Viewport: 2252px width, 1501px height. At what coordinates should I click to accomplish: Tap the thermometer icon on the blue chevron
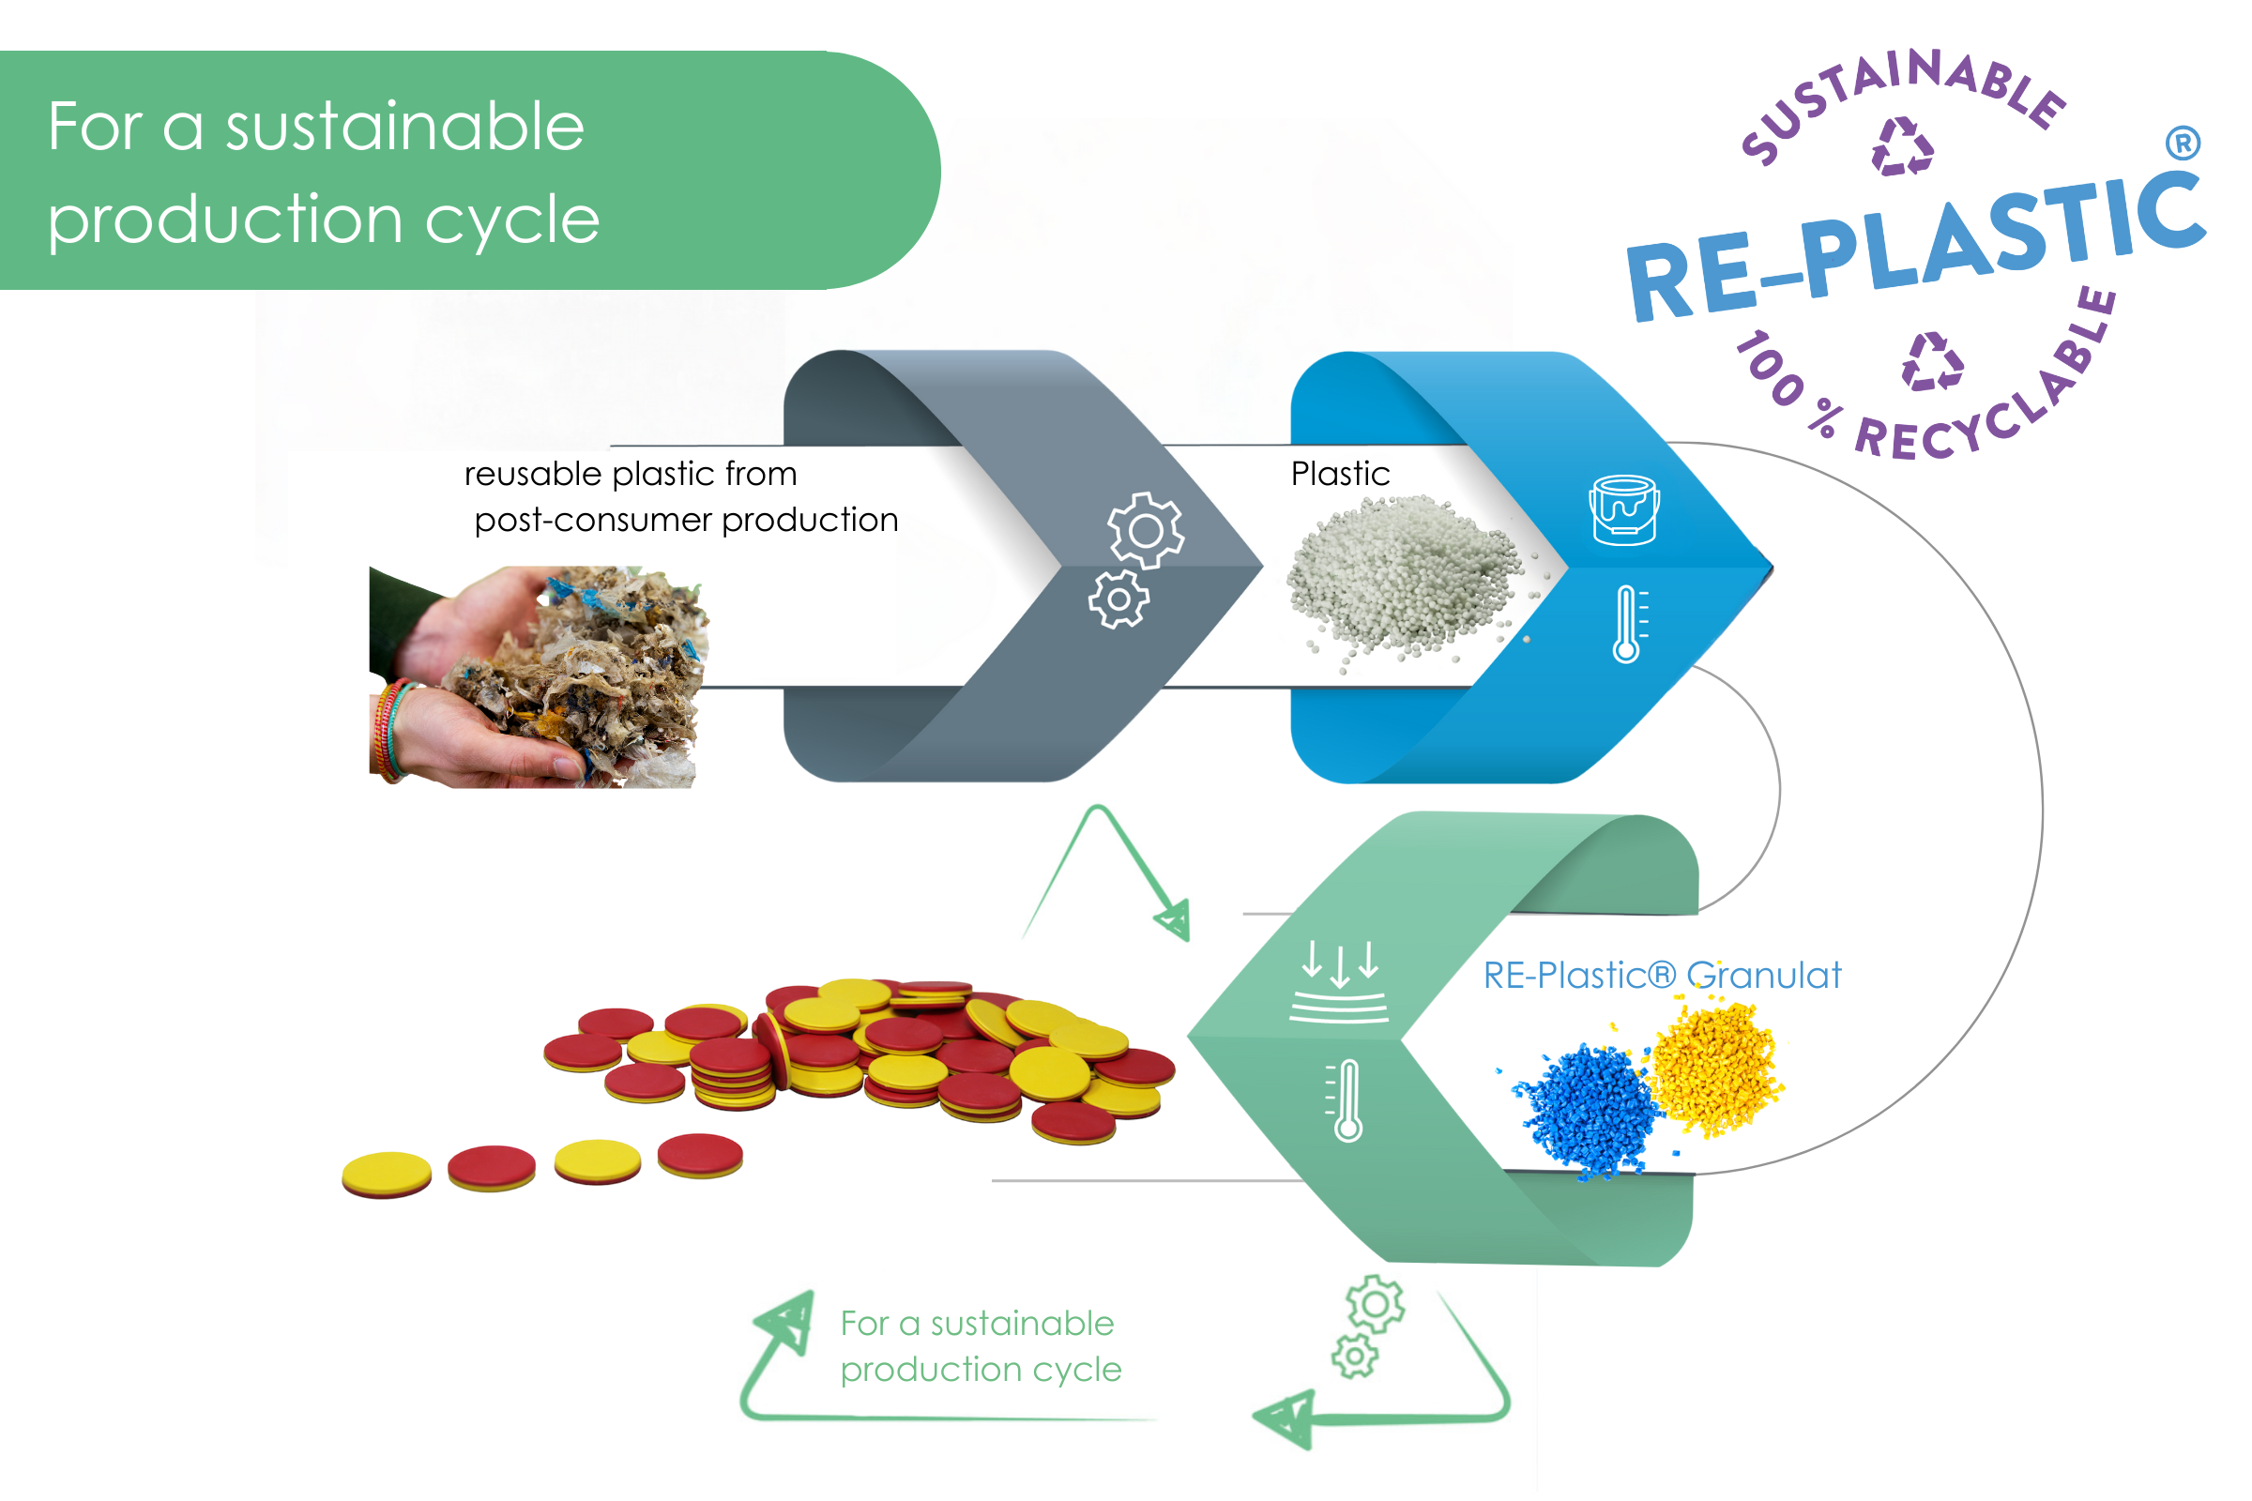point(1628,624)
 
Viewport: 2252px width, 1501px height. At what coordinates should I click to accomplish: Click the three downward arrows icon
point(1341,964)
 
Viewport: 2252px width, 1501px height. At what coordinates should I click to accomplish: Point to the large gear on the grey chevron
point(1146,530)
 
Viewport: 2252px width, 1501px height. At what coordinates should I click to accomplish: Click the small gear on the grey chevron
point(1118,600)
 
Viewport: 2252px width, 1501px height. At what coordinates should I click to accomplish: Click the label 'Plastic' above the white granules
point(1340,474)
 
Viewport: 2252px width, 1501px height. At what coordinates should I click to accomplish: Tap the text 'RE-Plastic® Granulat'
point(1661,976)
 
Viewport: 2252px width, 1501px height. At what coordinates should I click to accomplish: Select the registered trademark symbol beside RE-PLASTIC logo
point(2183,144)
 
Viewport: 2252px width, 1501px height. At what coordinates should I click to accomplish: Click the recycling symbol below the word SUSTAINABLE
point(1902,147)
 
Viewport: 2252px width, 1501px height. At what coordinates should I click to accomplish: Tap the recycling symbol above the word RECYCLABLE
point(1932,362)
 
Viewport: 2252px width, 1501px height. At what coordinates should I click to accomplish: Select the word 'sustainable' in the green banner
point(404,127)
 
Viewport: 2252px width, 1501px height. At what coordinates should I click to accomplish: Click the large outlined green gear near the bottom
point(1375,1304)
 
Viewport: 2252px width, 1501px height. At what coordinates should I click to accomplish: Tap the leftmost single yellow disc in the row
point(387,1174)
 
